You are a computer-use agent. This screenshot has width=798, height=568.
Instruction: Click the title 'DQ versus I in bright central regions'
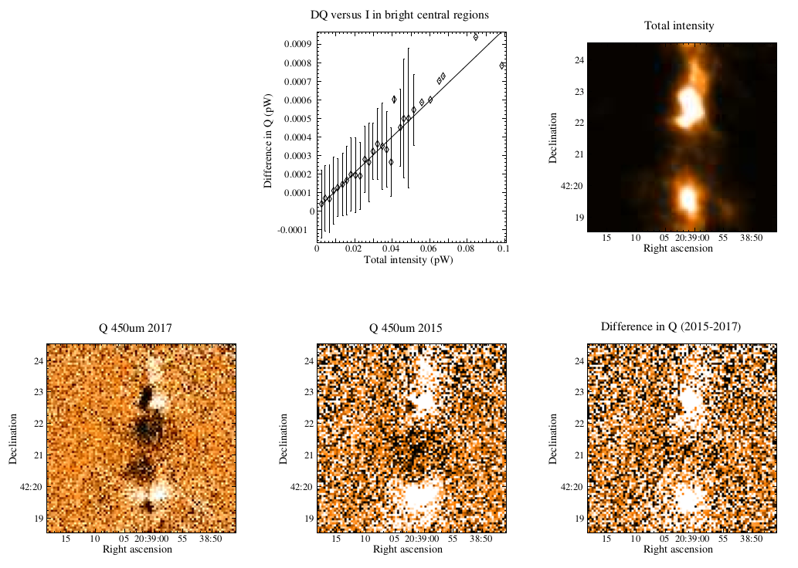coord(399,15)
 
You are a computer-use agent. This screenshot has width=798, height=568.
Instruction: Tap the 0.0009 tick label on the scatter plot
coord(297,44)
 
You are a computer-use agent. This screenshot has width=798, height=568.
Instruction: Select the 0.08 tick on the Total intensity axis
coord(466,248)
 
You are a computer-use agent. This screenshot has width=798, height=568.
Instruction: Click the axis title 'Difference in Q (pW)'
coord(268,141)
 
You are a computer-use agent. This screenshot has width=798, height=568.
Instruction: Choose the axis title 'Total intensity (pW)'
coord(408,260)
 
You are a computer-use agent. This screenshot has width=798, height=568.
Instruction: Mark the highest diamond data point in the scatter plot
coord(476,37)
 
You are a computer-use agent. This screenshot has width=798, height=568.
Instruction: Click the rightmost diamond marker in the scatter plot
coord(502,66)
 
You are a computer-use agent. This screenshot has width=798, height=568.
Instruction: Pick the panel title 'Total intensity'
coord(679,26)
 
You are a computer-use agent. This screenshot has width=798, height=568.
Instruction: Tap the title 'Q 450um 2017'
coord(135,329)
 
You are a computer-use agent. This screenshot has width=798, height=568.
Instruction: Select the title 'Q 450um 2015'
coord(406,329)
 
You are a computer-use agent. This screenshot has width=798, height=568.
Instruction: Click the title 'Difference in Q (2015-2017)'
coord(671,327)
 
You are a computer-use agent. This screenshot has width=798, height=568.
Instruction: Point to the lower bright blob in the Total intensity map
coord(688,198)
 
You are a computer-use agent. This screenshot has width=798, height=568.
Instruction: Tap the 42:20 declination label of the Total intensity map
coord(572,186)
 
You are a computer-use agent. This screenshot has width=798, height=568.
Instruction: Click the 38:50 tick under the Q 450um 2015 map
coord(481,539)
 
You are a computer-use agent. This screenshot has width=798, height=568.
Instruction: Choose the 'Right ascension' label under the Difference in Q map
coord(678,549)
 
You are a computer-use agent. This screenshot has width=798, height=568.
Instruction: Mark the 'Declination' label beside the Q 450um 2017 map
coord(12,439)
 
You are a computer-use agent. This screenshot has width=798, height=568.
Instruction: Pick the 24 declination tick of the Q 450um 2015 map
coord(309,361)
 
